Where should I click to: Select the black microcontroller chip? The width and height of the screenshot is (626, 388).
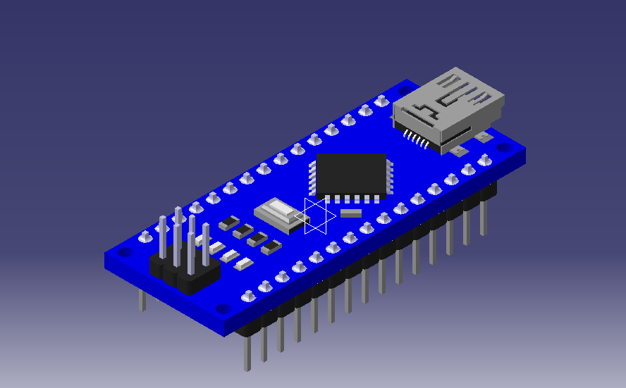coord(350,173)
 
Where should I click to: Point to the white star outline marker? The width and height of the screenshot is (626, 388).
coord(319,215)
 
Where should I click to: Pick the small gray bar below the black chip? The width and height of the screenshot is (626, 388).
coord(350,212)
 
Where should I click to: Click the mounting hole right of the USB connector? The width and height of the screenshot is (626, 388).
coord(503,148)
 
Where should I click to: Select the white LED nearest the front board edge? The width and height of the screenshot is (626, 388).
coord(243,264)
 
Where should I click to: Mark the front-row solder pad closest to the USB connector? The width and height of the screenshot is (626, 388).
coord(486,160)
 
